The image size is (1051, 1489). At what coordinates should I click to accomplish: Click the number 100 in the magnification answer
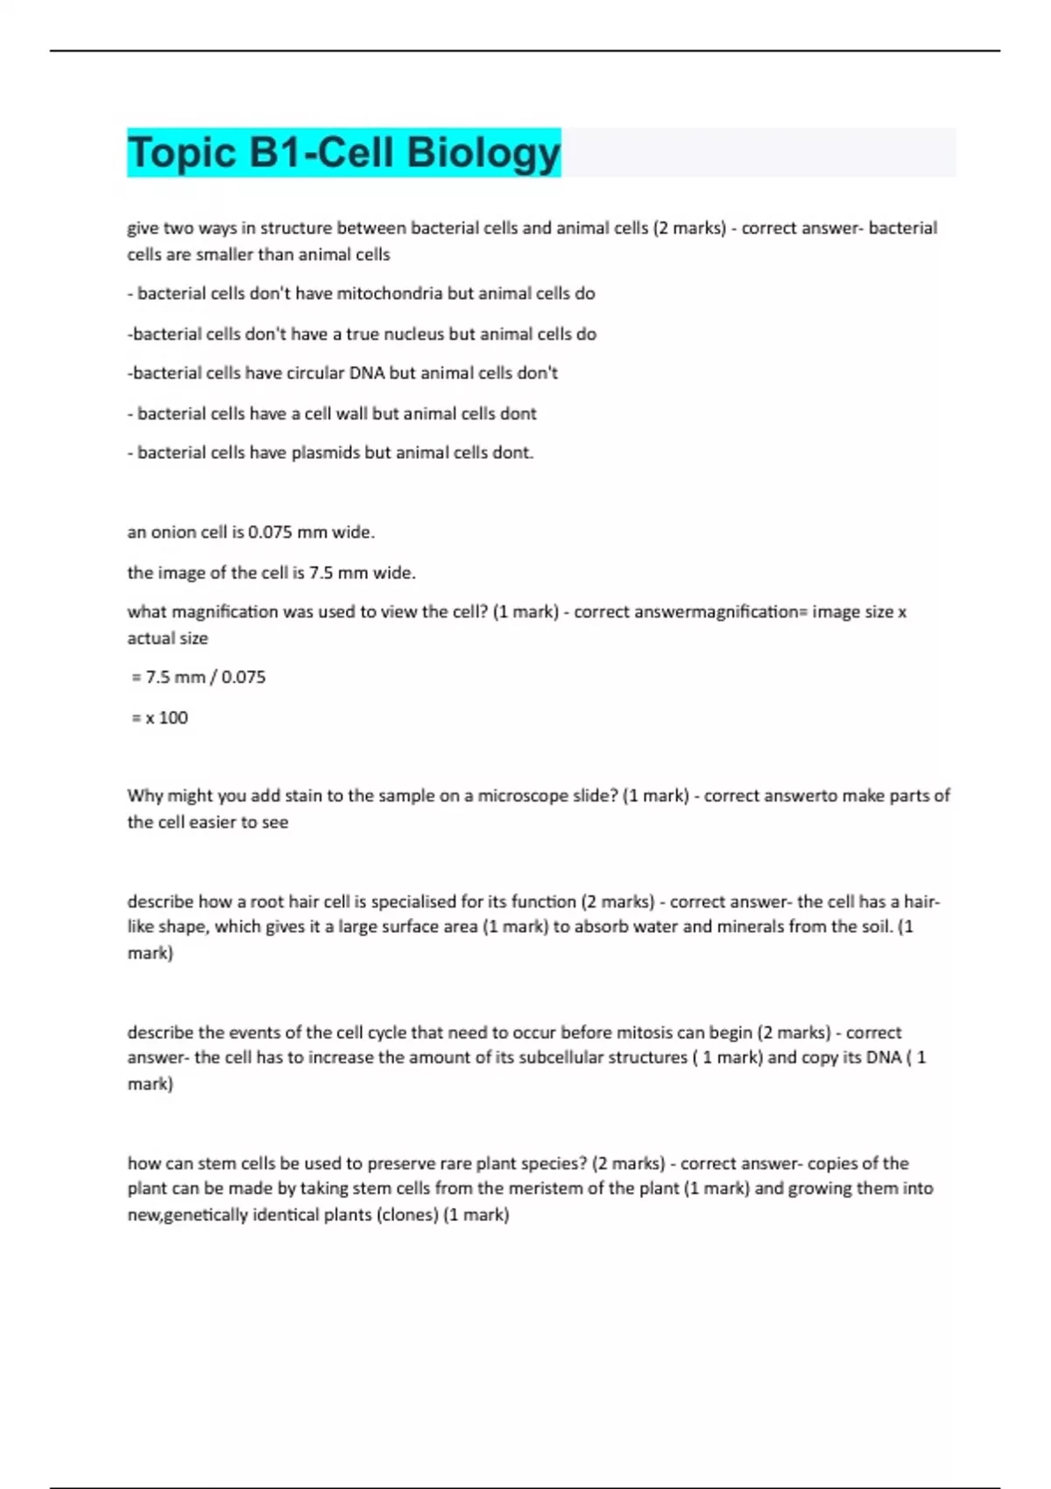173,717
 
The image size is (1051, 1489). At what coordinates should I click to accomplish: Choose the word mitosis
645,1032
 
